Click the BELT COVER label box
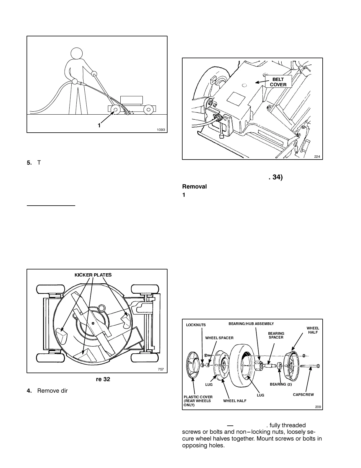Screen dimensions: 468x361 point(278,82)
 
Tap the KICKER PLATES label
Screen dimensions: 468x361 point(93,275)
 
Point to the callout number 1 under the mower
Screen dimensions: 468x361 point(99,126)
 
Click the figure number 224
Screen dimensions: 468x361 point(317,157)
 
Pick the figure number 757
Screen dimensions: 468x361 point(161,369)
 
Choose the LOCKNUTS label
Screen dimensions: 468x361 point(196,325)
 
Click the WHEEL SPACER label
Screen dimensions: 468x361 point(219,338)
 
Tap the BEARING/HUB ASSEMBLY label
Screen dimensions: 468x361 point(251,324)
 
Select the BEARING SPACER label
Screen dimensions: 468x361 point(276,335)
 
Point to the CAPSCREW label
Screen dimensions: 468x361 point(303,395)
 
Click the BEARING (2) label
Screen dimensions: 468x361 point(280,384)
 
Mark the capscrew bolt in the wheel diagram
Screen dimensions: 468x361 point(310,366)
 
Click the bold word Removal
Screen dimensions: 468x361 point(194,186)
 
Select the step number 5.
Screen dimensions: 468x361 point(29,162)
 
